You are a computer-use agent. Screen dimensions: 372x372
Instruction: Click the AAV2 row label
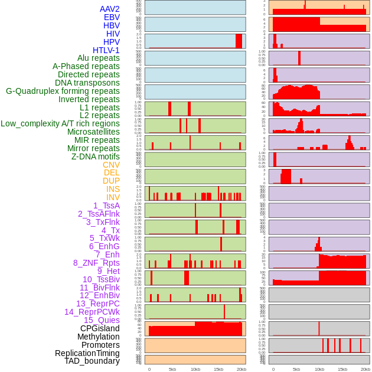(x=109, y=9)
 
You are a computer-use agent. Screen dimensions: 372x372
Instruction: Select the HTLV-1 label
(x=106, y=50)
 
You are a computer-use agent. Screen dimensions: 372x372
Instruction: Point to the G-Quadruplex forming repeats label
(x=63, y=91)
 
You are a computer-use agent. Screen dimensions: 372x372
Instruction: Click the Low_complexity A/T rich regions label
(x=60, y=123)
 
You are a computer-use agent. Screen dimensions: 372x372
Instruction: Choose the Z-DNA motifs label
(x=96, y=156)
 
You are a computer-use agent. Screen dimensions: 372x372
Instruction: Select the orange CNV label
(x=111, y=165)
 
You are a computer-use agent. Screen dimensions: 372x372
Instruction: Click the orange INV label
(x=113, y=197)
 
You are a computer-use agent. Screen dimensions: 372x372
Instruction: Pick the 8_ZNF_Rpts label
(x=96, y=263)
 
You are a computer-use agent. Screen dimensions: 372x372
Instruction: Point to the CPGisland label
(x=100, y=328)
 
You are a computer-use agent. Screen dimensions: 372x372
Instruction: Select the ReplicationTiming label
(x=87, y=353)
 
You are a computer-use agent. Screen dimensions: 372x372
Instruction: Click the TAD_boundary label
(x=92, y=361)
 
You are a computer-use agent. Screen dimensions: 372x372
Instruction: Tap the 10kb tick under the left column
(x=195, y=369)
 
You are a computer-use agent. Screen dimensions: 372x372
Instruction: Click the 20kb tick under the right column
(x=366, y=369)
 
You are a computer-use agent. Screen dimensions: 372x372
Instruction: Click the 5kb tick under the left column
(x=172, y=369)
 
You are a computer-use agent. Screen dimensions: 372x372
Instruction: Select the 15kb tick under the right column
(x=342, y=369)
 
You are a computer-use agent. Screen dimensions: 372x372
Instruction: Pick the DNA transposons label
(x=87, y=83)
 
